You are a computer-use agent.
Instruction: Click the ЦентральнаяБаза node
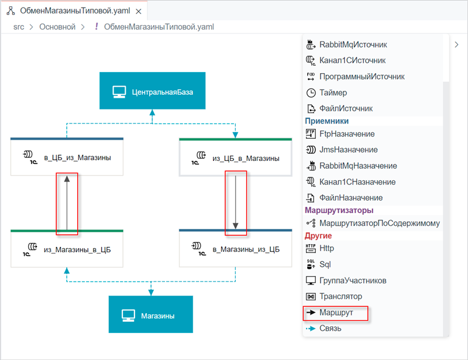click(152, 91)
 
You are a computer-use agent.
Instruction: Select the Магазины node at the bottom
click(151, 314)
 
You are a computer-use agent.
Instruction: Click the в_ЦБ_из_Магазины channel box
click(67, 156)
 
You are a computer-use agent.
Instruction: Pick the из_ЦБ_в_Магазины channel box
click(236, 157)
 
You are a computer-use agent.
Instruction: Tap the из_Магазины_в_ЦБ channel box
click(67, 249)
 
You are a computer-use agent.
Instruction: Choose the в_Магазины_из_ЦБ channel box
click(236, 248)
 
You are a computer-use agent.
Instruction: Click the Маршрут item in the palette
click(329, 313)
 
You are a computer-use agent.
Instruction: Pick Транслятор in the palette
click(334, 296)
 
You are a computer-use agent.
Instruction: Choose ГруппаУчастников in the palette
click(346, 280)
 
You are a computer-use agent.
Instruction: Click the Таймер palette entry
click(326, 92)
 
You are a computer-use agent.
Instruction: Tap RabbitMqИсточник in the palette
click(346, 44)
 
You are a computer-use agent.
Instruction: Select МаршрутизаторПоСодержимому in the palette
click(373, 223)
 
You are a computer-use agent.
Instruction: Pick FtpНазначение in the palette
click(340, 134)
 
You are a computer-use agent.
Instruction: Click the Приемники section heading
click(327, 121)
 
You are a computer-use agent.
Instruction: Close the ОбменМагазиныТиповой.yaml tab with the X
click(139, 11)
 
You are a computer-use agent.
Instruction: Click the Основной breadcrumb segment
click(57, 27)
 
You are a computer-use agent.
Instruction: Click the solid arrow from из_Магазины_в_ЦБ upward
click(67, 203)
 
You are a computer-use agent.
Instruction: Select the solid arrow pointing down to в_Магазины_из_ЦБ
click(236, 203)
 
